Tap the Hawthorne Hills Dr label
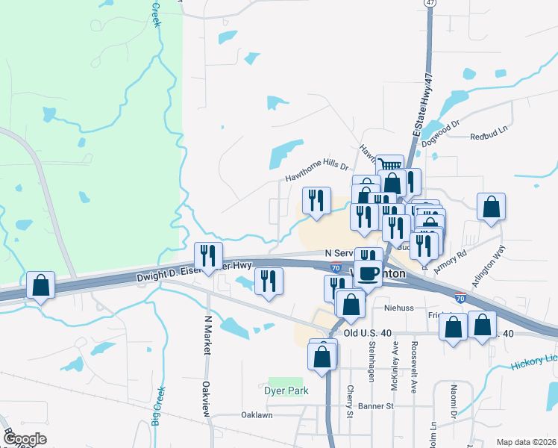tap(317, 172)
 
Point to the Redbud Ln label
tap(489, 137)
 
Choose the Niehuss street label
tap(399, 306)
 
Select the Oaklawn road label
tap(257, 415)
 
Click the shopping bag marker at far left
tap(40, 284)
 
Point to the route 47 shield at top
tap(429, 3)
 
